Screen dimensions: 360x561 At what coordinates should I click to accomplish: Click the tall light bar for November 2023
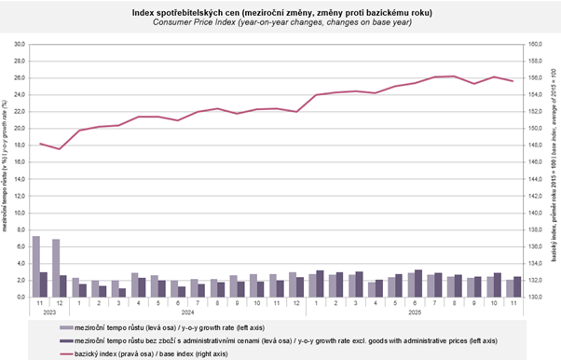click(x=35, y=266)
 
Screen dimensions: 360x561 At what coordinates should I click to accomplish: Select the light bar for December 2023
click(x=56, y=268)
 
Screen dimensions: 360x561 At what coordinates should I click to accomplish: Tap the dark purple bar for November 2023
click(x=43, y=284)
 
